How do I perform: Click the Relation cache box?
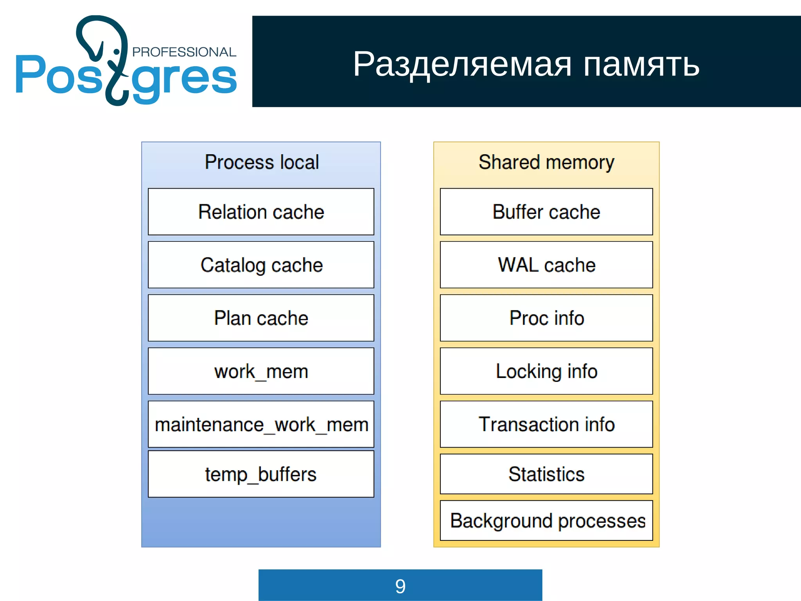click(x=261, y=212)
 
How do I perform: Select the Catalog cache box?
click(x=261, y=265)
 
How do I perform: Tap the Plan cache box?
click(x=261, y=318)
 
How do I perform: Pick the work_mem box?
click(x=261, y=371)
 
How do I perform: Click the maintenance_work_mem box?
click(x=261, y=424)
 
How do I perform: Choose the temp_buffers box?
click(x=261, y=474)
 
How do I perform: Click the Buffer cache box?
click(x=546, y=212)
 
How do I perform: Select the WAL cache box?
click(x=546, y=265)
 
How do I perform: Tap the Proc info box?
click(x=546, y=318)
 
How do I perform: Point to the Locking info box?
click(x=546, y=371)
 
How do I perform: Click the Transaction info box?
click(x=546, y=424)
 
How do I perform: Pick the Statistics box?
click(x=546, y=474)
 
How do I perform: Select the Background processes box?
click(x=546, y=520)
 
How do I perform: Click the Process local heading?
click(x=262, y=162)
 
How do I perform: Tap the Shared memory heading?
click(x=546, y=162)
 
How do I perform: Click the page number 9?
click(x=400, y=586)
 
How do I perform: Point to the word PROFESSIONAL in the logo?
click(x=184, y=52)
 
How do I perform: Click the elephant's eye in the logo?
click(x=116, y=52)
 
